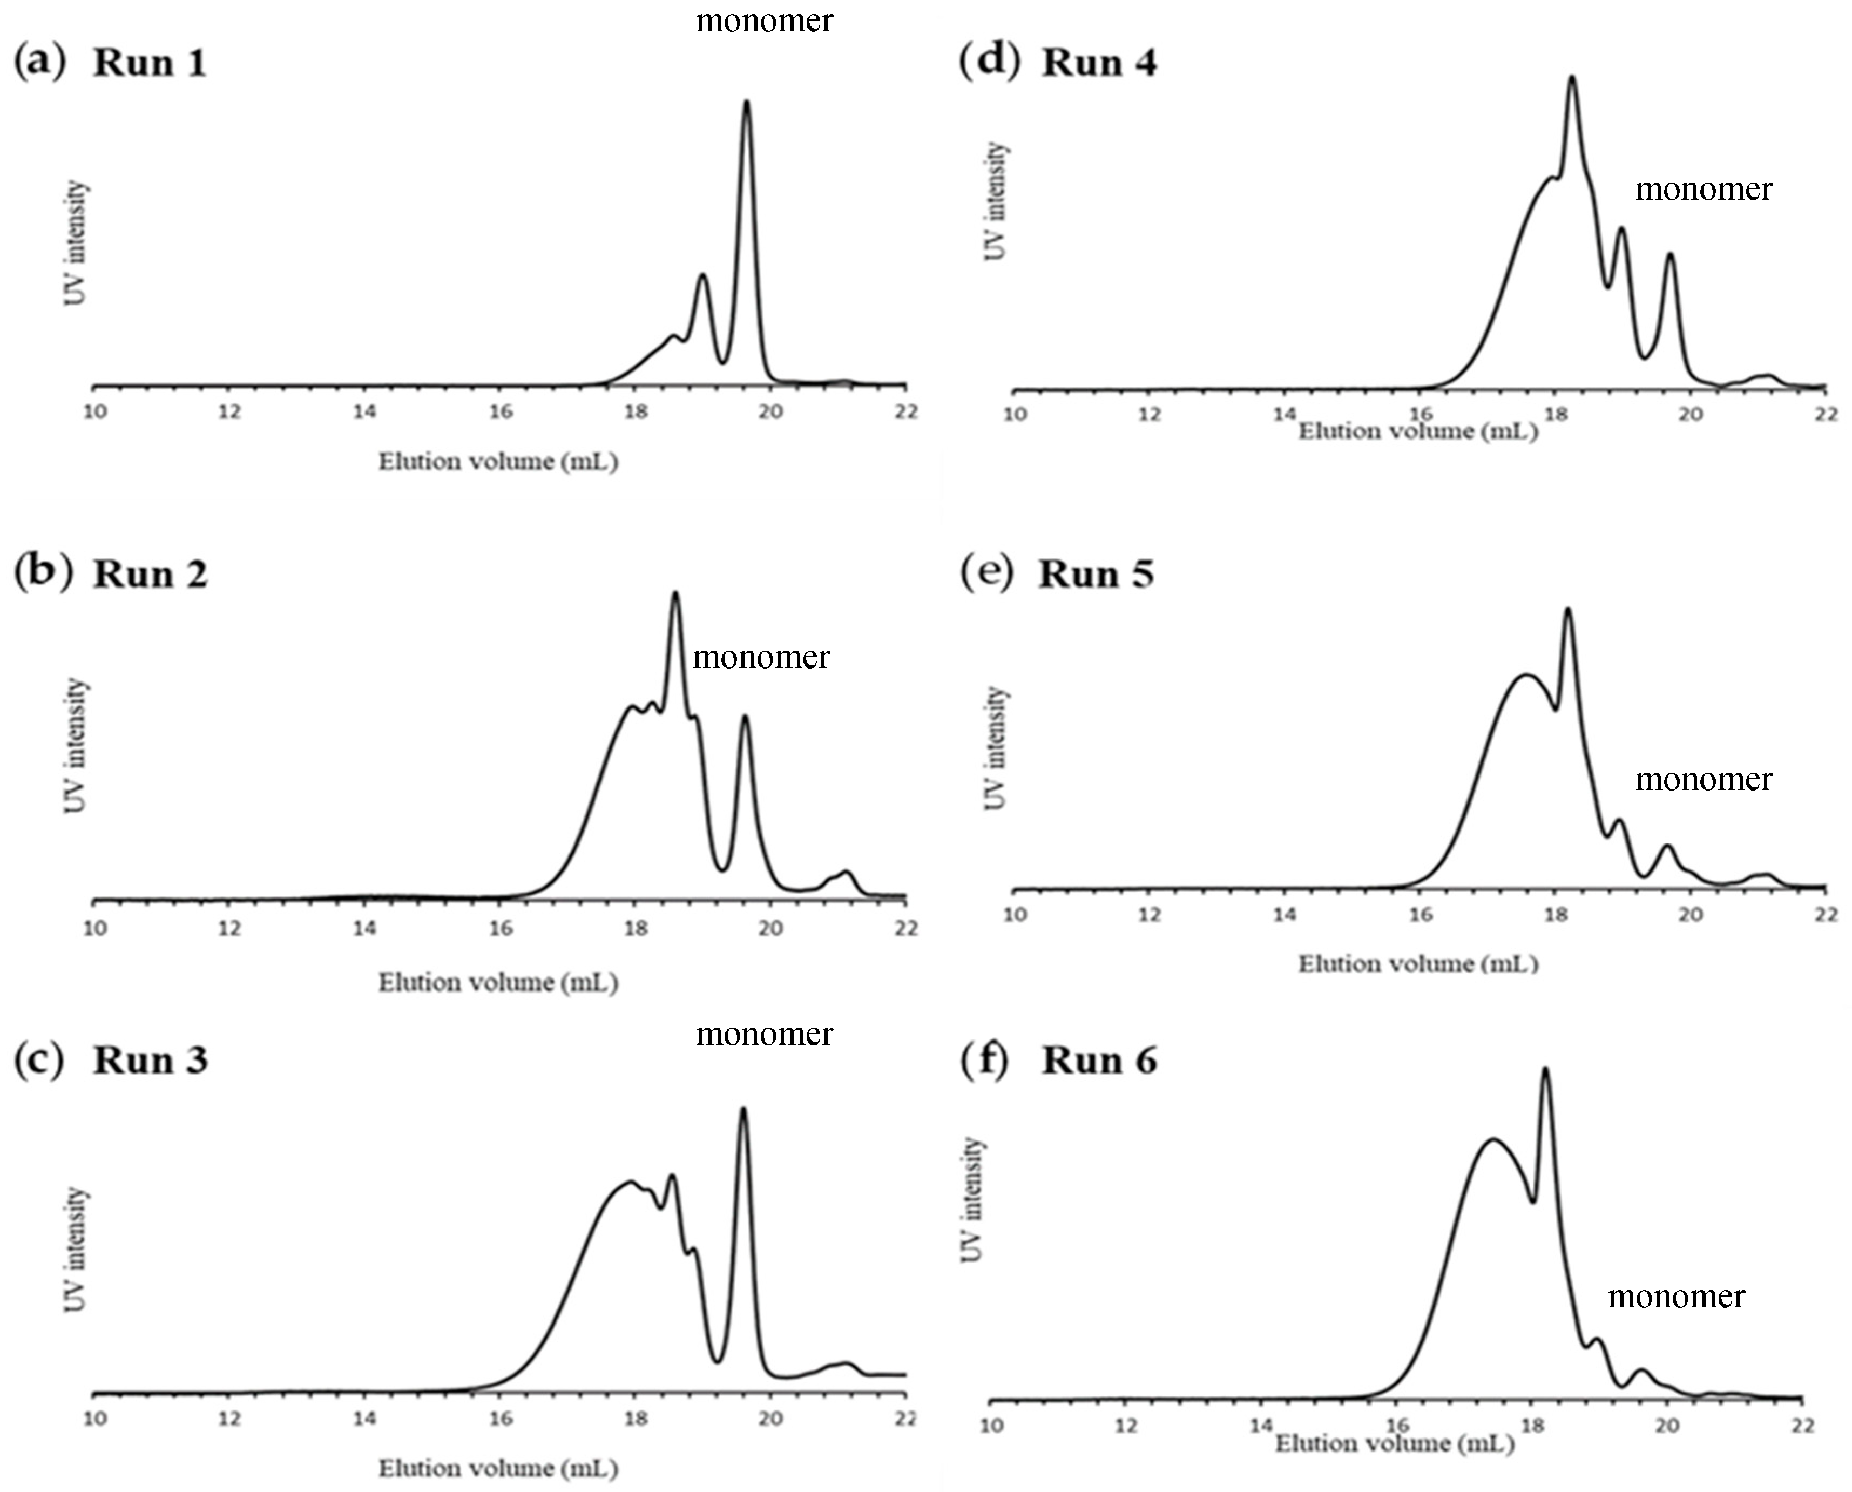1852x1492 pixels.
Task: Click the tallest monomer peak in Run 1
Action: pos(746,103)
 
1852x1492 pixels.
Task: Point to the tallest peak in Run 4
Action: pos(1573,79)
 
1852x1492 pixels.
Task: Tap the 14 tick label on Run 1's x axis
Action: pos(364,411)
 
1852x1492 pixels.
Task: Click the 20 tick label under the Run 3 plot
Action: pos(770,1418)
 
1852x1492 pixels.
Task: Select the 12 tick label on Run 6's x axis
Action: pos(1126,1426)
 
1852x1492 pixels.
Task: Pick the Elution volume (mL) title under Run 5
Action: pos(1418,963)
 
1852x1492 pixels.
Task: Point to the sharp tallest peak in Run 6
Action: pos(1545,1071)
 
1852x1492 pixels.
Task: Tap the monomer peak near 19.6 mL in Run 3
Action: pos(743,1110)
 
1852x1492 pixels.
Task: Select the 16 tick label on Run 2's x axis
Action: pos(500,928)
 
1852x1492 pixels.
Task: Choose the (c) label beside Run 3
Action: pos(39,1059)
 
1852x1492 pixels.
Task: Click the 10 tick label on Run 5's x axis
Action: pos(1015,914)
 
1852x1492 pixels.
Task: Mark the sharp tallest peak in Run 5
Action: pos(1567,610)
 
